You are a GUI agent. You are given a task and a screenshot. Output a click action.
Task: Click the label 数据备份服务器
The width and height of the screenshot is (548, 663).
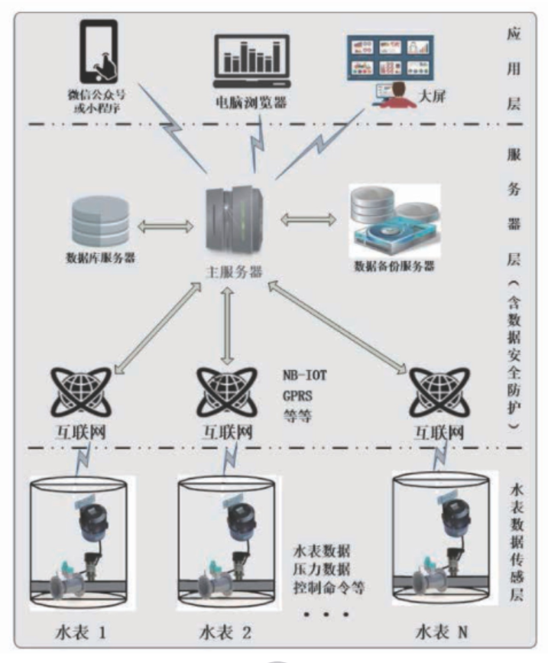tap(394, 267)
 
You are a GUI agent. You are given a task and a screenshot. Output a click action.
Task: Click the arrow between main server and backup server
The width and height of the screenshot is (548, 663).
tap(307, 220)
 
